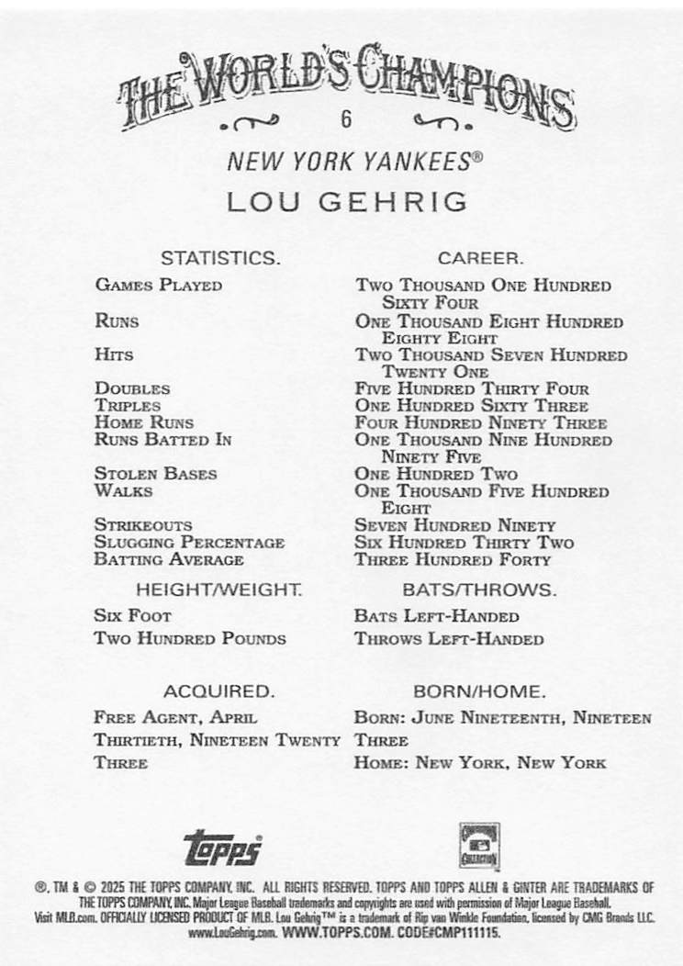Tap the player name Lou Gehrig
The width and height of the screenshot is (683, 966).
pos(348,201)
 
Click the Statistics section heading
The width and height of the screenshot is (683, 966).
pos(219,258)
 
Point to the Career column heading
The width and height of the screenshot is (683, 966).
pos(480,258)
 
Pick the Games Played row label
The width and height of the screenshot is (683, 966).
pos(158,285)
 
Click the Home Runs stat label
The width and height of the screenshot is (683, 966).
pos(144,422)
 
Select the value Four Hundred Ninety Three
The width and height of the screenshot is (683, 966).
pos(480,423)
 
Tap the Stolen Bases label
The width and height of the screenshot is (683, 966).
pos(155,474)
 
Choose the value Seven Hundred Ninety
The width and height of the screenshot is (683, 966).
pos(455,525)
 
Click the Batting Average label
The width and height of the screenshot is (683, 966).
pos(168,559)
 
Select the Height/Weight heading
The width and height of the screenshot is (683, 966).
pos(219,589)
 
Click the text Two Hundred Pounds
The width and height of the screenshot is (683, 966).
pos(190,638)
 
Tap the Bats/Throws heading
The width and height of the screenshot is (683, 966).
pos(479,589)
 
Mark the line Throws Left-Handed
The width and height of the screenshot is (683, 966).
pos(449,638)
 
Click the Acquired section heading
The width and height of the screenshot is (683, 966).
pos(218,691)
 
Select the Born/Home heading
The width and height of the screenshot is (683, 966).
pos(479,691)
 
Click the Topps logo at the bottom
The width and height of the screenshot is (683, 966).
pos(223,847)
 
